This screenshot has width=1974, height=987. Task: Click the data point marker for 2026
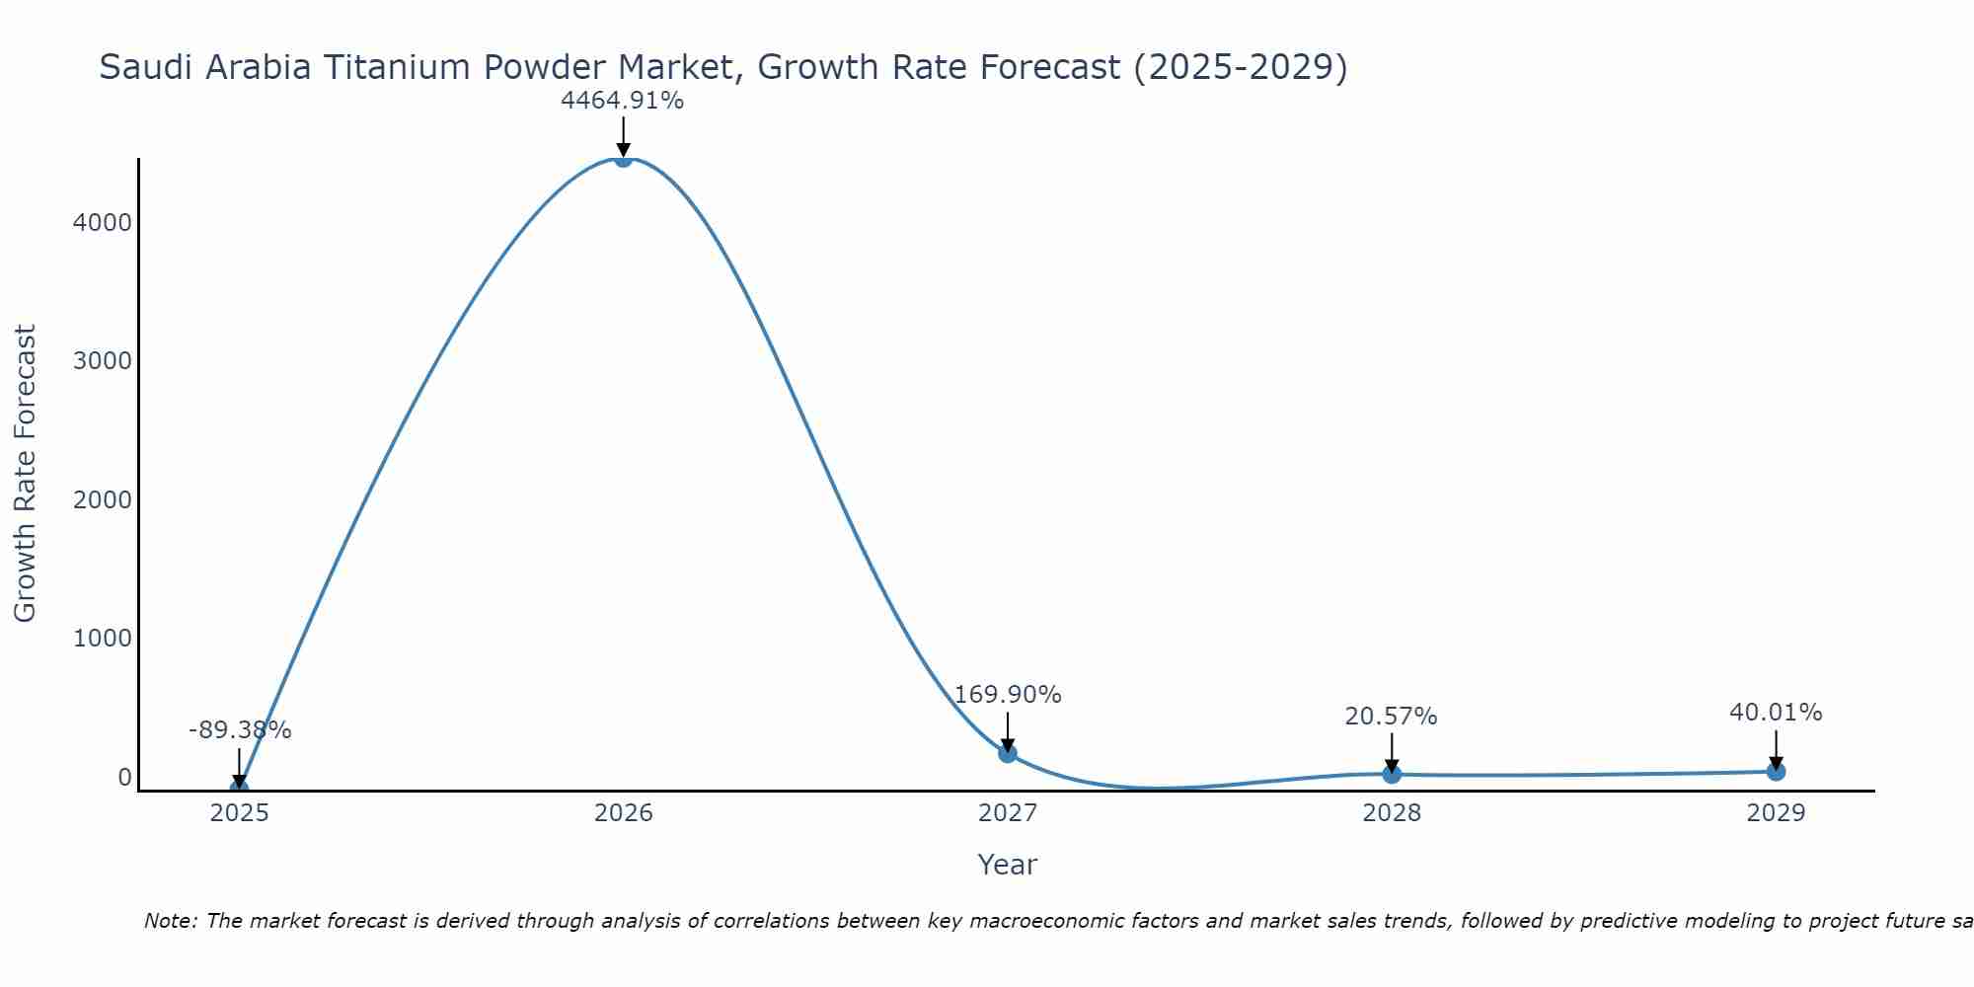(x=623, y=158)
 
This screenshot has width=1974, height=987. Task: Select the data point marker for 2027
(x=1008, y=753)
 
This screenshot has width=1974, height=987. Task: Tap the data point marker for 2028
(x=1392, y=774)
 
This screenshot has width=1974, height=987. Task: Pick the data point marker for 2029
(x=1776, y=771)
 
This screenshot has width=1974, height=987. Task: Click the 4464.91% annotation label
(x=622, y=101)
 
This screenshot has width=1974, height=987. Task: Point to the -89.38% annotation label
(x=240, y=730)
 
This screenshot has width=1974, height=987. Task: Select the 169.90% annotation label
(x=1008, y=695)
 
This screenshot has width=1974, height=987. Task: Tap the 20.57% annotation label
(x=1391, y=717)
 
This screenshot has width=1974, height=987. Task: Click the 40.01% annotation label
(x=1776, y=713)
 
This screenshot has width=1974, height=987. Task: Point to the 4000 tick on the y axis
(x=102, y=222)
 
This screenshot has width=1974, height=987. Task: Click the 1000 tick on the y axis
(x=102, y=639)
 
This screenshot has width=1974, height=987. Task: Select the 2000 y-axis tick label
(x=102, y=500)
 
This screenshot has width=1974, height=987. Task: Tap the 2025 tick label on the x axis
(x=239, y=813)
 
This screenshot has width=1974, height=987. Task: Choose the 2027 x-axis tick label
(x=1008, y=813)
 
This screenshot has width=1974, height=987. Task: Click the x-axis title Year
(x=1007, y=866)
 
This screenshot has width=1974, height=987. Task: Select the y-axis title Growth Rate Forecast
(x=26, y=474)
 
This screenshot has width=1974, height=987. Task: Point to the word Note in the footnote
(x=170, y=922)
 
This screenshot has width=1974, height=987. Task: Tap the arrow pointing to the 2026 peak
(x=623, y=136)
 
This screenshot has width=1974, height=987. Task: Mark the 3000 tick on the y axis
(x=102, y=361)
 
